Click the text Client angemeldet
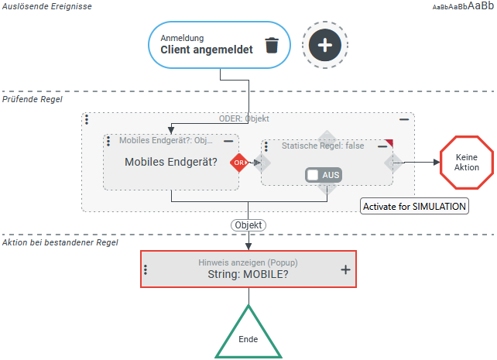[207, 50]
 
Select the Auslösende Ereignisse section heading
[46, 6]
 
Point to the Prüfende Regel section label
[33, 99]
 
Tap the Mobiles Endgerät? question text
[170, 163]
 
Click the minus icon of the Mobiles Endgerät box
[228, 142]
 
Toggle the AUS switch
[324, 175]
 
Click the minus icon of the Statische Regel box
[382, 146]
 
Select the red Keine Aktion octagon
[467, 163]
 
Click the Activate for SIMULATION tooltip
[415, 207]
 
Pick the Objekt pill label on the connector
[248, 225]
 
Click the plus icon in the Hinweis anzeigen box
[345, 269]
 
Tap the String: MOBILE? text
[248, 274]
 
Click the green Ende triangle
[248, 334]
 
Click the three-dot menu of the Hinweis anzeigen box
[146, 269]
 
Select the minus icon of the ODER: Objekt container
[404, 120]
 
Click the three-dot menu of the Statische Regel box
[266, 146]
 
